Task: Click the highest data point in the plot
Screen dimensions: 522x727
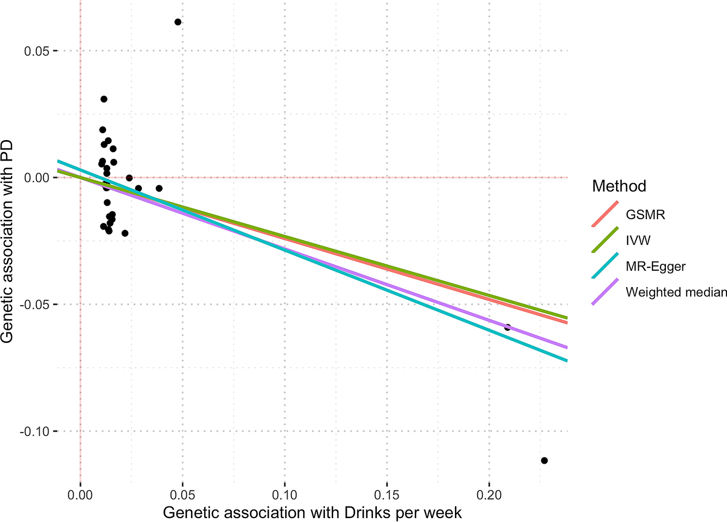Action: [178, 22]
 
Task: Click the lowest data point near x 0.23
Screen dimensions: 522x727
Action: [544, 460]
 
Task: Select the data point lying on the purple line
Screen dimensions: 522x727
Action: [507, 327]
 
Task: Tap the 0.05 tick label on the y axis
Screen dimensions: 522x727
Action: [36, 51]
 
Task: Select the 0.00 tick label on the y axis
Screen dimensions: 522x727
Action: [36, 178]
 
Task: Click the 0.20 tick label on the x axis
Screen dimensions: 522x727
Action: [489, 495]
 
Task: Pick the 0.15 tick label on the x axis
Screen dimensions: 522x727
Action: [387, 495]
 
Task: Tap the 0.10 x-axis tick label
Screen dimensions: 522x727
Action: [284, 495]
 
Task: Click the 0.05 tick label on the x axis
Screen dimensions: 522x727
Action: [182, 495]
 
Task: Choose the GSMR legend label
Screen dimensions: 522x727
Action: [645, 214]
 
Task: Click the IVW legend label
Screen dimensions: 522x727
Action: [638, 240]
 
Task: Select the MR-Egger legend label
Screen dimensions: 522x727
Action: [655, 266]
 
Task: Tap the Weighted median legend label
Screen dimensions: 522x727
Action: [676, 292]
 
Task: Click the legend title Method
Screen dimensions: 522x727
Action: [619, 186]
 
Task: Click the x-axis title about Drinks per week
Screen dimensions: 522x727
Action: [312, 513]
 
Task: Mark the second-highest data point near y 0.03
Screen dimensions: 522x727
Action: [104, 99]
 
